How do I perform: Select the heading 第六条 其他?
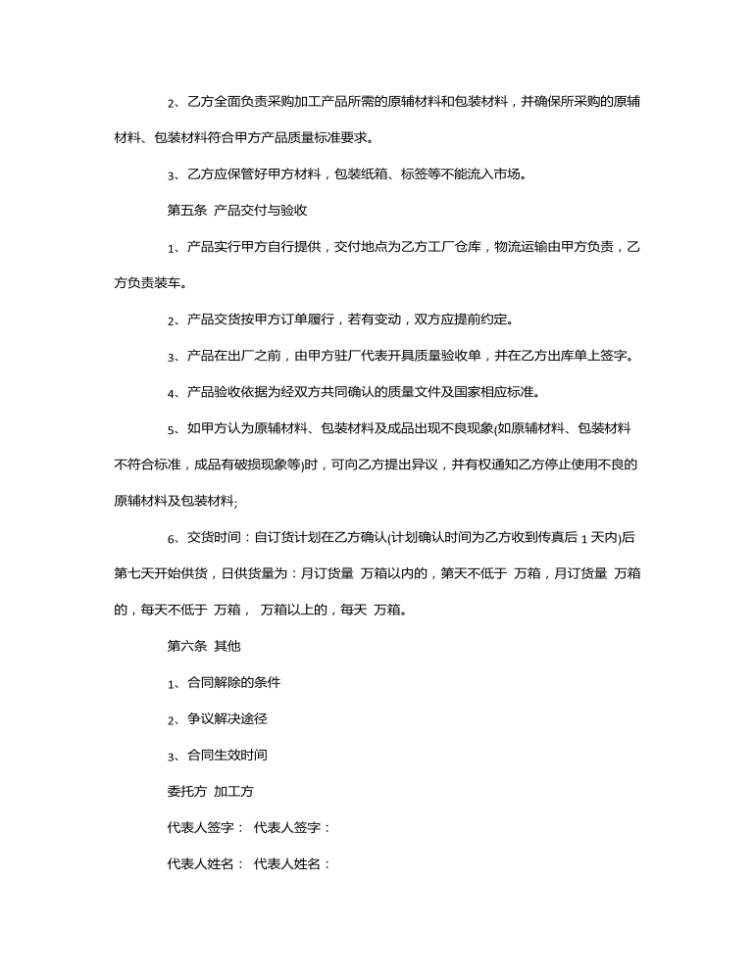pos(204,646)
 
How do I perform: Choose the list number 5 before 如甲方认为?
pos(172,428)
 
